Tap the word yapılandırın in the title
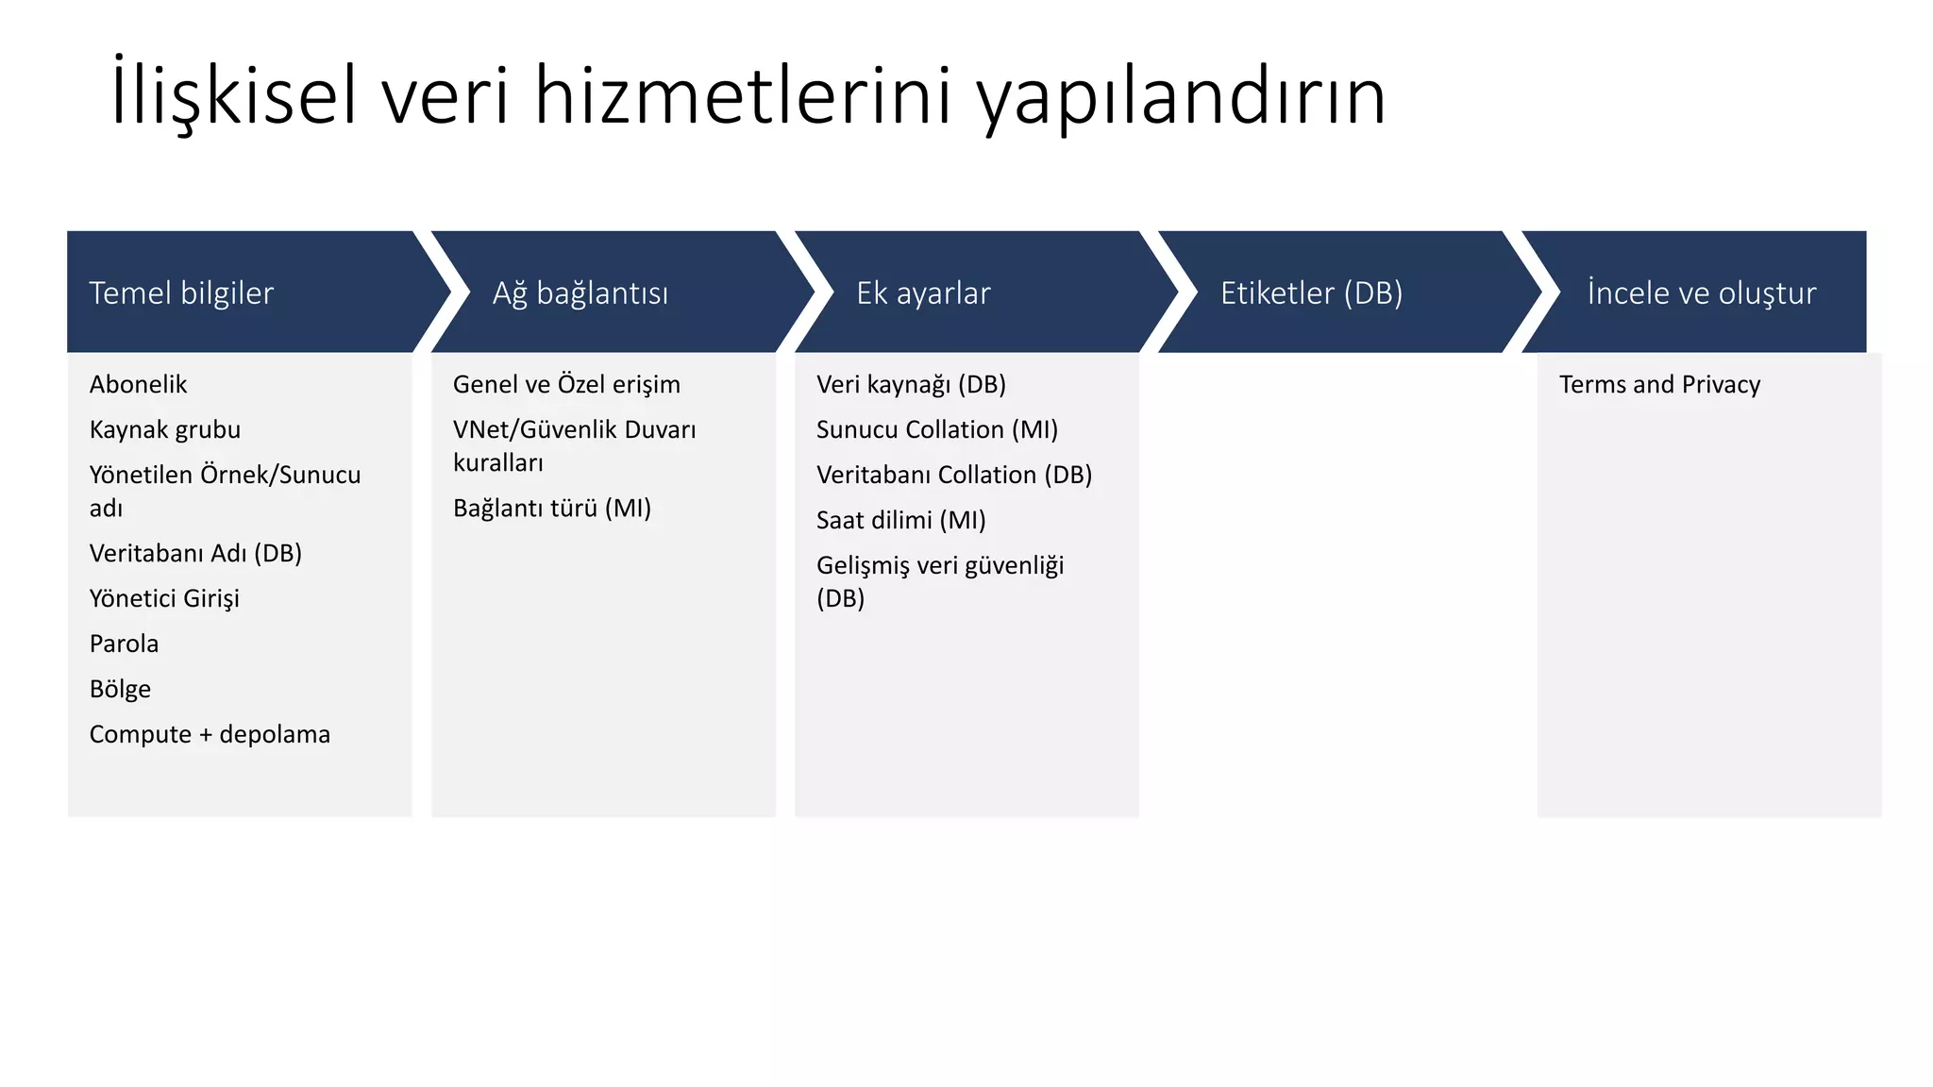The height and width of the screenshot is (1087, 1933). point(1180,98)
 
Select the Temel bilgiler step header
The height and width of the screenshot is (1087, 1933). point(181,293)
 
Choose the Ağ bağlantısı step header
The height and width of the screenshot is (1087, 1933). point(580,293)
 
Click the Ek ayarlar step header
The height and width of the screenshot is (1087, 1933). point(923,293)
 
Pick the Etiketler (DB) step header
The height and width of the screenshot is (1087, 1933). point(1311,293)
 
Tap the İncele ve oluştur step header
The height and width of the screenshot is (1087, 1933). point(1701,293)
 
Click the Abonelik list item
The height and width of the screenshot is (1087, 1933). point(138,384)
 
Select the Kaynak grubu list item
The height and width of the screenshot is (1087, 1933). point(165,429)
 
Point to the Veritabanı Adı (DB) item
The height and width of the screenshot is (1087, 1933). point(195,553)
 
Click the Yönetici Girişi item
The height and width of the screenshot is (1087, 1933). point(164,598)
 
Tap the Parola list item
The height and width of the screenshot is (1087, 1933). point(124,644)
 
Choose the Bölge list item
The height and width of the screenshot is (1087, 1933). point(120,689)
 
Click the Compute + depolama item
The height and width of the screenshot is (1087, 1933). point(210,734)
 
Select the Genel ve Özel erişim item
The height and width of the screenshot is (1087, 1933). point(566,384)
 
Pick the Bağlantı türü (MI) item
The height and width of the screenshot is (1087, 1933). point(552,508)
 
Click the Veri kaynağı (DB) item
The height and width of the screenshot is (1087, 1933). point(911,384)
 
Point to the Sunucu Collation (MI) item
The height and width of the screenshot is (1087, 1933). point(937,429)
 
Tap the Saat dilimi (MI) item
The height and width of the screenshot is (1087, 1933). point(900,520)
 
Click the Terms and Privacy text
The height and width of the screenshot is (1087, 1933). point(1659,384)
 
